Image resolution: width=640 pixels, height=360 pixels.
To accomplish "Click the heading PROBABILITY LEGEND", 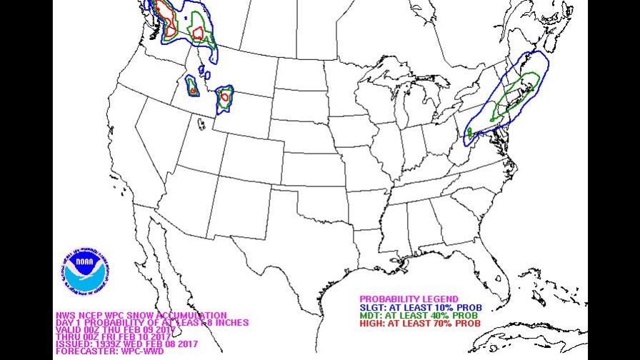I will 409,299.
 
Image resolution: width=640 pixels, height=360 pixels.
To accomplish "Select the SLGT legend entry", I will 421,307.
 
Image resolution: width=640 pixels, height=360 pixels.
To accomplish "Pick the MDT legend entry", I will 420,315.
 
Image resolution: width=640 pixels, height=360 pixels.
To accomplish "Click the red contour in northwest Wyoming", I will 225,96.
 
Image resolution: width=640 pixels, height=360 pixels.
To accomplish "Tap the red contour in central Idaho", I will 193,91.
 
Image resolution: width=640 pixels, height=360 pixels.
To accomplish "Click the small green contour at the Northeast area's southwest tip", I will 469,132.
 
